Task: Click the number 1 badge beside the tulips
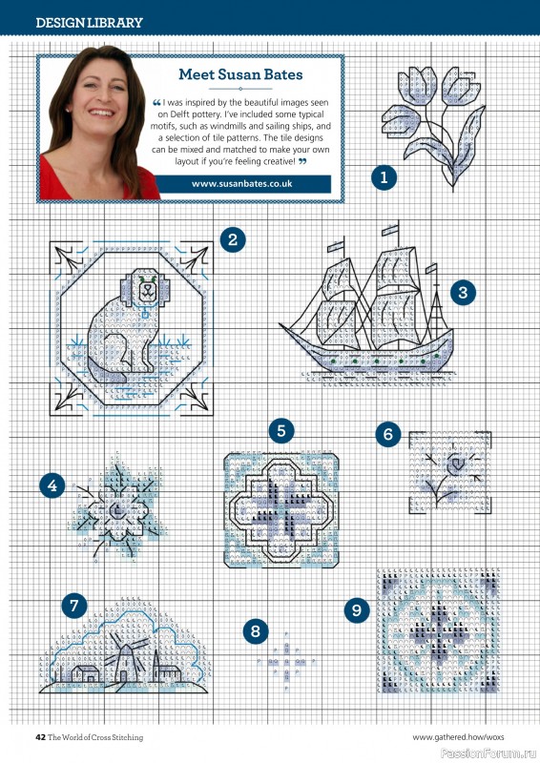[x=384, y=177]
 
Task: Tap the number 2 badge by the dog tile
[x=232, y=239]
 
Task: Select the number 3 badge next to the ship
[x=463, y=293]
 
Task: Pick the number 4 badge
[x=52, y=485]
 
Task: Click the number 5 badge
[x=280, y=431]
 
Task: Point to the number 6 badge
[x=388, y=434]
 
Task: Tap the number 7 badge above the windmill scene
[x=74, y=606]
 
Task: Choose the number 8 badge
[x=256, y=631]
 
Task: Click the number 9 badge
[x=357, y=610]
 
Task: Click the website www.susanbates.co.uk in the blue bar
[x=242, y=184]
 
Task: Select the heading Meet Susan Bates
[x=240, y=74]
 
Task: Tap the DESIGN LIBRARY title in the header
[x=89, y=22]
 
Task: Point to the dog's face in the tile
[x=146, y=291]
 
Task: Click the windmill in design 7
[x=124, y=657]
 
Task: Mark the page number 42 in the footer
[x=40, y=737]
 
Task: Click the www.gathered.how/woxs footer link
[x=458, y=737]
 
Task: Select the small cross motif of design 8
[x=286, y=661]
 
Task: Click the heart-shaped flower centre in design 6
[x=456, y=464]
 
